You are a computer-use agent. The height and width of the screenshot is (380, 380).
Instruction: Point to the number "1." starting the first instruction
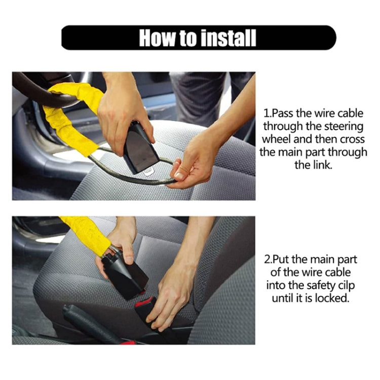click(x=269, y=113)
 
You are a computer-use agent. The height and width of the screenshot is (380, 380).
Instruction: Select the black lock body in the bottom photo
click(x=124, y=274)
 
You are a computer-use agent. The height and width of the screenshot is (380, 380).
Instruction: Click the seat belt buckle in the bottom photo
click(x=147, y=309)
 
